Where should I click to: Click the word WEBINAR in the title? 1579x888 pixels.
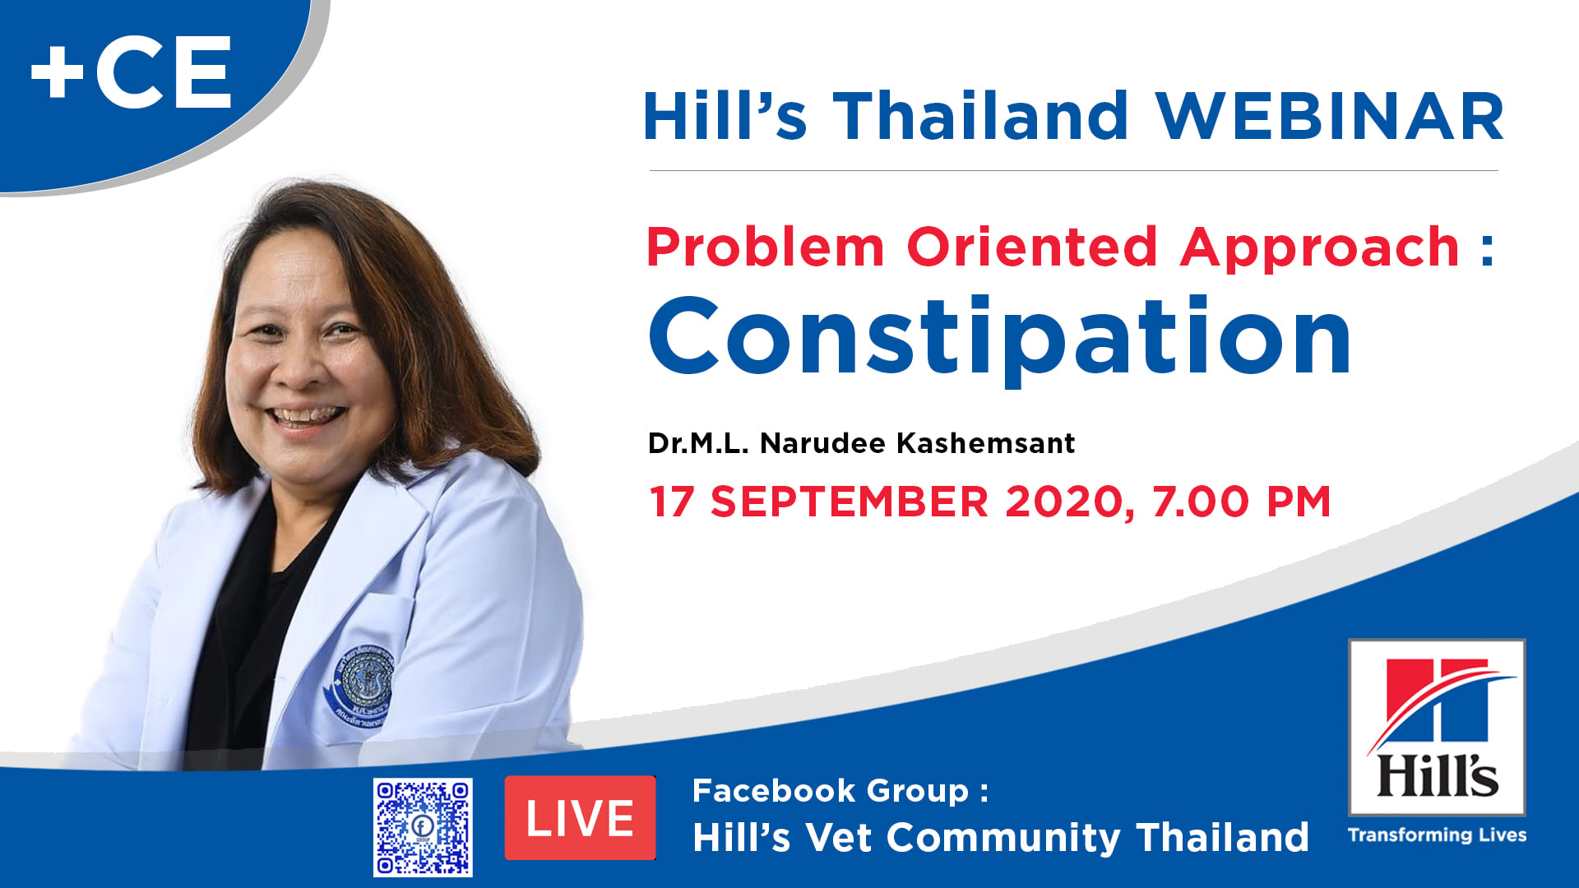pos(1330,117)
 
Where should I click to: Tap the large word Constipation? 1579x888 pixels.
pos(1000,337)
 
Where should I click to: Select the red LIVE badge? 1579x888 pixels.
pos(580,818)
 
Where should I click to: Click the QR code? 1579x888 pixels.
pos(423,827)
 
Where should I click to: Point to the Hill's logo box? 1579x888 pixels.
pos(1437,728)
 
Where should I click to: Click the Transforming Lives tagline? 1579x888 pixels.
pos(1437,835)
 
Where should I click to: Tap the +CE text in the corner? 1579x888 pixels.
pos(132,74)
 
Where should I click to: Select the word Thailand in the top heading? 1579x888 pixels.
pos(981,117)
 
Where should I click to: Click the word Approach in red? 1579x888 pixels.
pos(1319,247)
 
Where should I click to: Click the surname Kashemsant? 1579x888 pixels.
pos(985,444)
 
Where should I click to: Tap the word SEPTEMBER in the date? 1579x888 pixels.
pos(850,502)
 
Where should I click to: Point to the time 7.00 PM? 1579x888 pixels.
pos(1241,502)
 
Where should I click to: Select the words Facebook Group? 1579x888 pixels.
pos(831,791)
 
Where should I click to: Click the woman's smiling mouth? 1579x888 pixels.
pos(308,416)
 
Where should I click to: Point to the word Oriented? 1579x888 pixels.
pos(1032,247)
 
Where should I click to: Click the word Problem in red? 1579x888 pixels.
pos(766,247)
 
